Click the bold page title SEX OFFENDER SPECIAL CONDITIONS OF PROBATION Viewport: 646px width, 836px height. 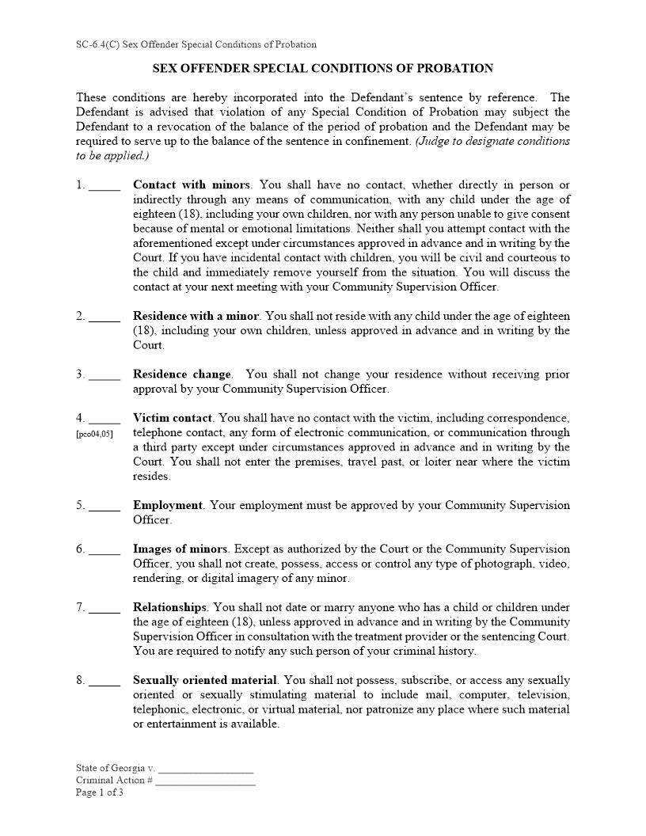(x=323, y=69)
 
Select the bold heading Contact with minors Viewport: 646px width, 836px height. (x=191, y=185)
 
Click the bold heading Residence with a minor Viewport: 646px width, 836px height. (x=196, y=316)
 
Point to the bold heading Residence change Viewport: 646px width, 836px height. (x=182, y=374)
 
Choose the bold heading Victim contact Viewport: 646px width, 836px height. (x=173, y=418)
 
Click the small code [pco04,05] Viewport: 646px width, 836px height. (x=94, y=434)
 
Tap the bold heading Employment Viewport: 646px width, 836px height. (x=168, y=505)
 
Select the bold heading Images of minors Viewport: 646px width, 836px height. (x=180, y=549)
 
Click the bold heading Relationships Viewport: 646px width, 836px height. (x=170, y=607)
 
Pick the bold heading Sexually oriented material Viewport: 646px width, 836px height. (x=205, y=680)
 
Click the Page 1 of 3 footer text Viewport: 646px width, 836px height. (x=100, y=792)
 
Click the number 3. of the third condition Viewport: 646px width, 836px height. (x=81, y=374)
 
